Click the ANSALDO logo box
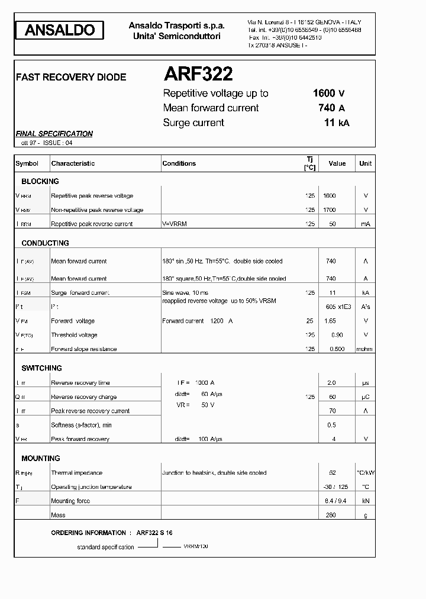60,30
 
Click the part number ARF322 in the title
198,74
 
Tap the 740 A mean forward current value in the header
331,108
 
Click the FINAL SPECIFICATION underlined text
54,134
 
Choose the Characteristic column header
73,163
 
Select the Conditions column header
179,163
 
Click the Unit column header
365,163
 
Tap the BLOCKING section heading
40,181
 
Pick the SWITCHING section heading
41,368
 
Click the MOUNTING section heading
41,458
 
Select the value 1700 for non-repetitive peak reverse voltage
330,210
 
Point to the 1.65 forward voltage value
330,321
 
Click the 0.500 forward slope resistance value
336,349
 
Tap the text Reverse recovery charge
83,397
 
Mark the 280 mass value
330,515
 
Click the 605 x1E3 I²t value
338,307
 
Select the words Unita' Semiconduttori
177,36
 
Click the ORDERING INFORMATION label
88,533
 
